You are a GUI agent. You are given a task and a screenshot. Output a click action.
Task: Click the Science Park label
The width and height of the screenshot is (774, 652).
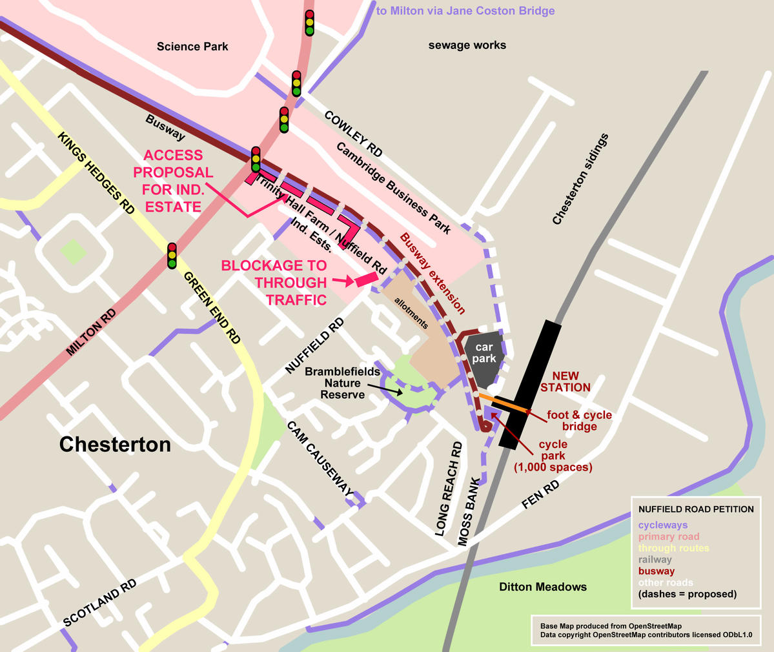coord(192,46)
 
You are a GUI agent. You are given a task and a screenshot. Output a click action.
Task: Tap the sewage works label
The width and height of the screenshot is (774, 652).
coord(467,45)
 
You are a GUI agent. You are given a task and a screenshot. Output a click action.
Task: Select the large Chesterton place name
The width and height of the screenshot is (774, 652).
coord(115,444)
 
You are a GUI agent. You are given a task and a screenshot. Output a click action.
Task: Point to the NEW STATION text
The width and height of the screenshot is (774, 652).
coord(565,382)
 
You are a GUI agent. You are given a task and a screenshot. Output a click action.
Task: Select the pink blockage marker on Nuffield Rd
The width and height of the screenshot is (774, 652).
coord(365,279)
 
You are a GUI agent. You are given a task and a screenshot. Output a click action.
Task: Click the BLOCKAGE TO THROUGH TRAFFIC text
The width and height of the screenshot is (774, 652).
coord(274,283)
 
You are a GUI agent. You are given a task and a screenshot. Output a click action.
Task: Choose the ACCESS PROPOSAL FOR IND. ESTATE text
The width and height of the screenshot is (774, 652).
coord(172,181)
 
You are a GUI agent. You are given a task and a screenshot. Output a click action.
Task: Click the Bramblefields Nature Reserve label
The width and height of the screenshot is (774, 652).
coord(342,383)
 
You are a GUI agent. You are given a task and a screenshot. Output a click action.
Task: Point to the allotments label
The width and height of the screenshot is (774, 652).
coord(411,313)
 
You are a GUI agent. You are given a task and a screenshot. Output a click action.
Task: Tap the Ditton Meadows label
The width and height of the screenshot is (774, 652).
coord(543,587)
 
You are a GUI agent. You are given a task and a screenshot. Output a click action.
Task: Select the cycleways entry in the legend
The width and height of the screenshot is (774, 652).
coord(663,525)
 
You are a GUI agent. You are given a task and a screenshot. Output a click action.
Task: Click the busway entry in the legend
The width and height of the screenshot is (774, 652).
coord(657,571)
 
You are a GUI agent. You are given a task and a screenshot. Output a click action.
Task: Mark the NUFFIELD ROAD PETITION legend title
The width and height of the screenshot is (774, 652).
coord(696,509)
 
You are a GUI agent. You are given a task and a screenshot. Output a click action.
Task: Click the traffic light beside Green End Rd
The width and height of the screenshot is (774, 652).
coord(172,256)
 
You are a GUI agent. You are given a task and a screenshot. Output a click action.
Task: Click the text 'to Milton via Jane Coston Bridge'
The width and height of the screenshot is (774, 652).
coord(465,11)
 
